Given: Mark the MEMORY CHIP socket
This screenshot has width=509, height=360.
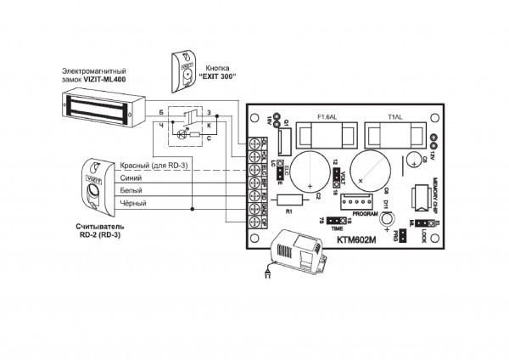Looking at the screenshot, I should tap(419, 196).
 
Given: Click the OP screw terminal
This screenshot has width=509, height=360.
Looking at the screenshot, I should tap(255, 224).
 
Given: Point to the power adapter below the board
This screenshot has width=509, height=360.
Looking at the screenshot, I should tap(296, 252).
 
